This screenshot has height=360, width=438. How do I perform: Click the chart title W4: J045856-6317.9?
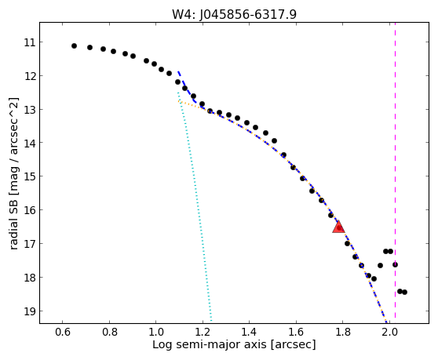(x=234, y=15)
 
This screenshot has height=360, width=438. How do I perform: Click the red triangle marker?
(x=339, y=227)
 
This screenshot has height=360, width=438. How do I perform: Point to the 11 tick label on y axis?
(x=30, y=42)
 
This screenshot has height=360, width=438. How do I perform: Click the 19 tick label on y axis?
(x=30, y=311)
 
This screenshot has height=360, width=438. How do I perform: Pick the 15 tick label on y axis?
(x=30, y=176)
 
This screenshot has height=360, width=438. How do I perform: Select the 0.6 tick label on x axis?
(x=63, y=332)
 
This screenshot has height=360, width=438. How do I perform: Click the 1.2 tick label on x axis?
(x=203, y=332)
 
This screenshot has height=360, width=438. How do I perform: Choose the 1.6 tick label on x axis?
(x=296, y=332)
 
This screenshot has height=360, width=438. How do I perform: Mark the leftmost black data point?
(x=74, y=45)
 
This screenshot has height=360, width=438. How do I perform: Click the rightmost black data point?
(x=404, y=293)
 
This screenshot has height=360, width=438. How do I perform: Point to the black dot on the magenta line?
(x=395, y=264)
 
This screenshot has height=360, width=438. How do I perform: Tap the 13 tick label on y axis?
(x=30, y=110)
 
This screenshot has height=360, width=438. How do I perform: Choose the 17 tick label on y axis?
(x=30, y=244)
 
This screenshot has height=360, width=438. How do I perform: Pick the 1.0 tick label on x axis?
(x=156, y=332)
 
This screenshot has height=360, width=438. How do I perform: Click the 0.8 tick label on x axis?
(x=110, y=332)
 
